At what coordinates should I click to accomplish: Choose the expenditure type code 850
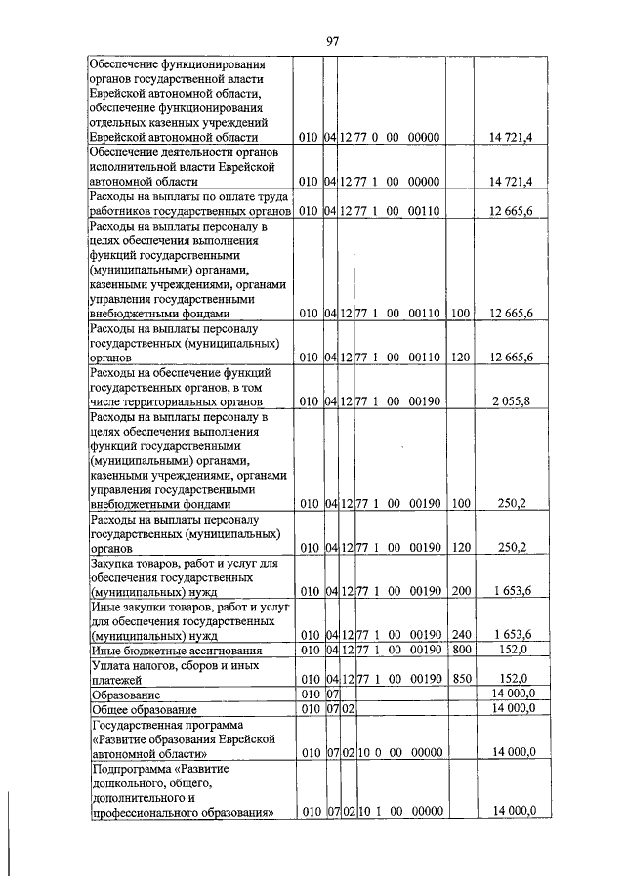tap(460, 679)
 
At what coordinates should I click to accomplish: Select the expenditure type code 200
tap(460, 591)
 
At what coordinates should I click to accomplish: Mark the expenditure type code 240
tap(460, 635)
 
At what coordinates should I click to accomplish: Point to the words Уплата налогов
tap(133, 665)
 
